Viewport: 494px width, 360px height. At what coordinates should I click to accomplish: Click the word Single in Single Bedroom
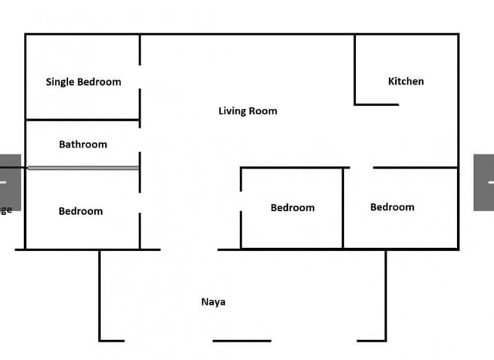(60, 83)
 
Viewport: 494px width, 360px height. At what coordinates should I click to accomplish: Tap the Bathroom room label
(83, 144)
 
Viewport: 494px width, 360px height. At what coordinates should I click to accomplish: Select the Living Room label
(248, 111)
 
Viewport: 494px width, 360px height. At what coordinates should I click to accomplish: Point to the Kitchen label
(406, 81)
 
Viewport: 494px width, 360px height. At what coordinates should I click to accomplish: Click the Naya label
(213, 302)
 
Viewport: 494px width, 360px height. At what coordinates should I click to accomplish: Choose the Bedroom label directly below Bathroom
(80, 211)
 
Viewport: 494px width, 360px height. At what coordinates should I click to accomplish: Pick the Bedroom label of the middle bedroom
(293, 208)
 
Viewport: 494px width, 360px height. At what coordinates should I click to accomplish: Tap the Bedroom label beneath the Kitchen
(392, 207)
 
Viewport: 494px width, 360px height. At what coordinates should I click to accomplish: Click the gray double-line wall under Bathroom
(83, 168)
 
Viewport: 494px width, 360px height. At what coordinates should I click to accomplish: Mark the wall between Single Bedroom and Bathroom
(83, 120)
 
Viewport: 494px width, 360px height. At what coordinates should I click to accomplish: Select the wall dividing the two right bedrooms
(343, 209)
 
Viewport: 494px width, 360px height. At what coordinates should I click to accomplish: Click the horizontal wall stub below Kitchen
(377, 104)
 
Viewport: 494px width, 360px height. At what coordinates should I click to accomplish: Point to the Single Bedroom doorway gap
(140, 77)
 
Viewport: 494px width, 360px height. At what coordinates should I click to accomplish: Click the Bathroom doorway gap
(140, 140)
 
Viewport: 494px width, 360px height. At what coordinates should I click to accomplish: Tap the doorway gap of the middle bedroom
(241, 201)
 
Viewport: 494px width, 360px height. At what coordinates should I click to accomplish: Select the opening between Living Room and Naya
(189, 250)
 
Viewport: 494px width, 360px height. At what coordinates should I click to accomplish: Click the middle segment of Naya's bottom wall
(242, 341)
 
